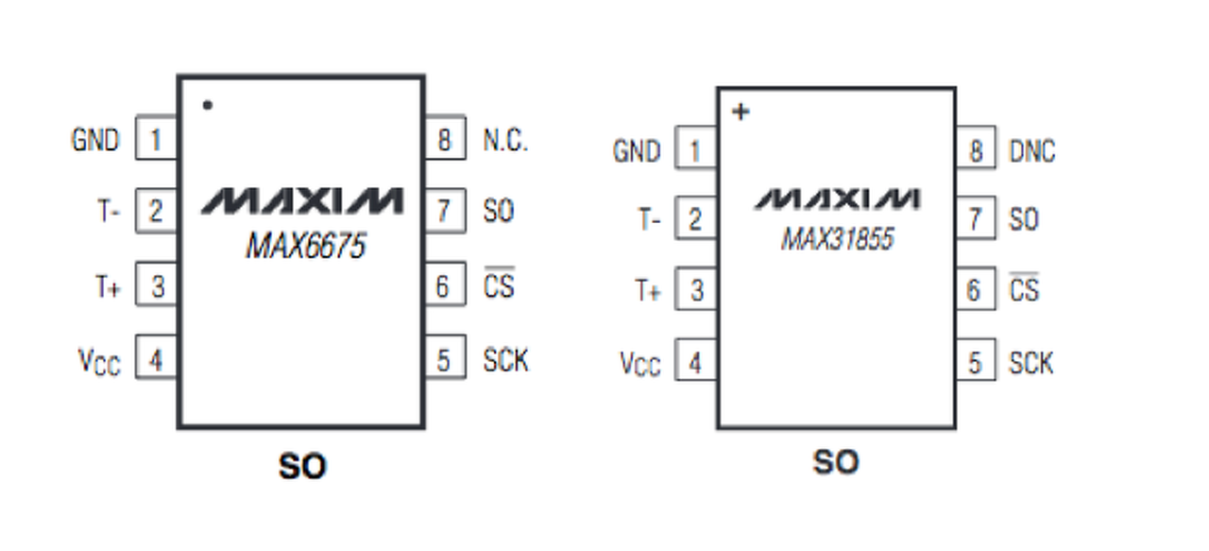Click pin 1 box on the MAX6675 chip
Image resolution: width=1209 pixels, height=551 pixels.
point(156,138)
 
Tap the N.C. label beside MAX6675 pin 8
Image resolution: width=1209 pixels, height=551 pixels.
point(505,141)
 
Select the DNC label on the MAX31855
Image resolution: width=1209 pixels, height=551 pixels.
point(1032,151)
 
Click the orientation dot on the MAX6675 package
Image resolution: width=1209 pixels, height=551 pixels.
point(207,105)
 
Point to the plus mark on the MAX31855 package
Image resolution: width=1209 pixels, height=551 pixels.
point(741,112)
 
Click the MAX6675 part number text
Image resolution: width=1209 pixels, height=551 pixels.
point(306,246)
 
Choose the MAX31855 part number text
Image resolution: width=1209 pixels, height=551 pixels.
point(838,239)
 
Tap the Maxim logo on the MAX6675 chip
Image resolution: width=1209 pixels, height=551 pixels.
point(302,201)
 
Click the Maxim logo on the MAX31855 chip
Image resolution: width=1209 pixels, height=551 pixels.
point(837,198)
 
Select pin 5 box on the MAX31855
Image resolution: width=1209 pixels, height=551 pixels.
point(976,360)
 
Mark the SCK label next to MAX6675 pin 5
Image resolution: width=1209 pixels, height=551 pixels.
point(505,360)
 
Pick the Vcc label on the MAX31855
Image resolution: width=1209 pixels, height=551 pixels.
point(640,364)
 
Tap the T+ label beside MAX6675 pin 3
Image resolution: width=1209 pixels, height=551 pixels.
point(108,286)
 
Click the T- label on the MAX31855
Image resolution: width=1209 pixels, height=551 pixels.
point(649,219)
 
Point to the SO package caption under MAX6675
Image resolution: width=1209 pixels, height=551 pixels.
point(302,466)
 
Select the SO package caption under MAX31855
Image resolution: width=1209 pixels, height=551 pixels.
point(836,462)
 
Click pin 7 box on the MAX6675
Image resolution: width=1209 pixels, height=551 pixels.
point(446,211)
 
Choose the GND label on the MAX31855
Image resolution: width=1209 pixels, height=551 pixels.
point(637,151)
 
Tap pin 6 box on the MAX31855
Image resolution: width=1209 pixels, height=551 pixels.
point(976,289)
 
